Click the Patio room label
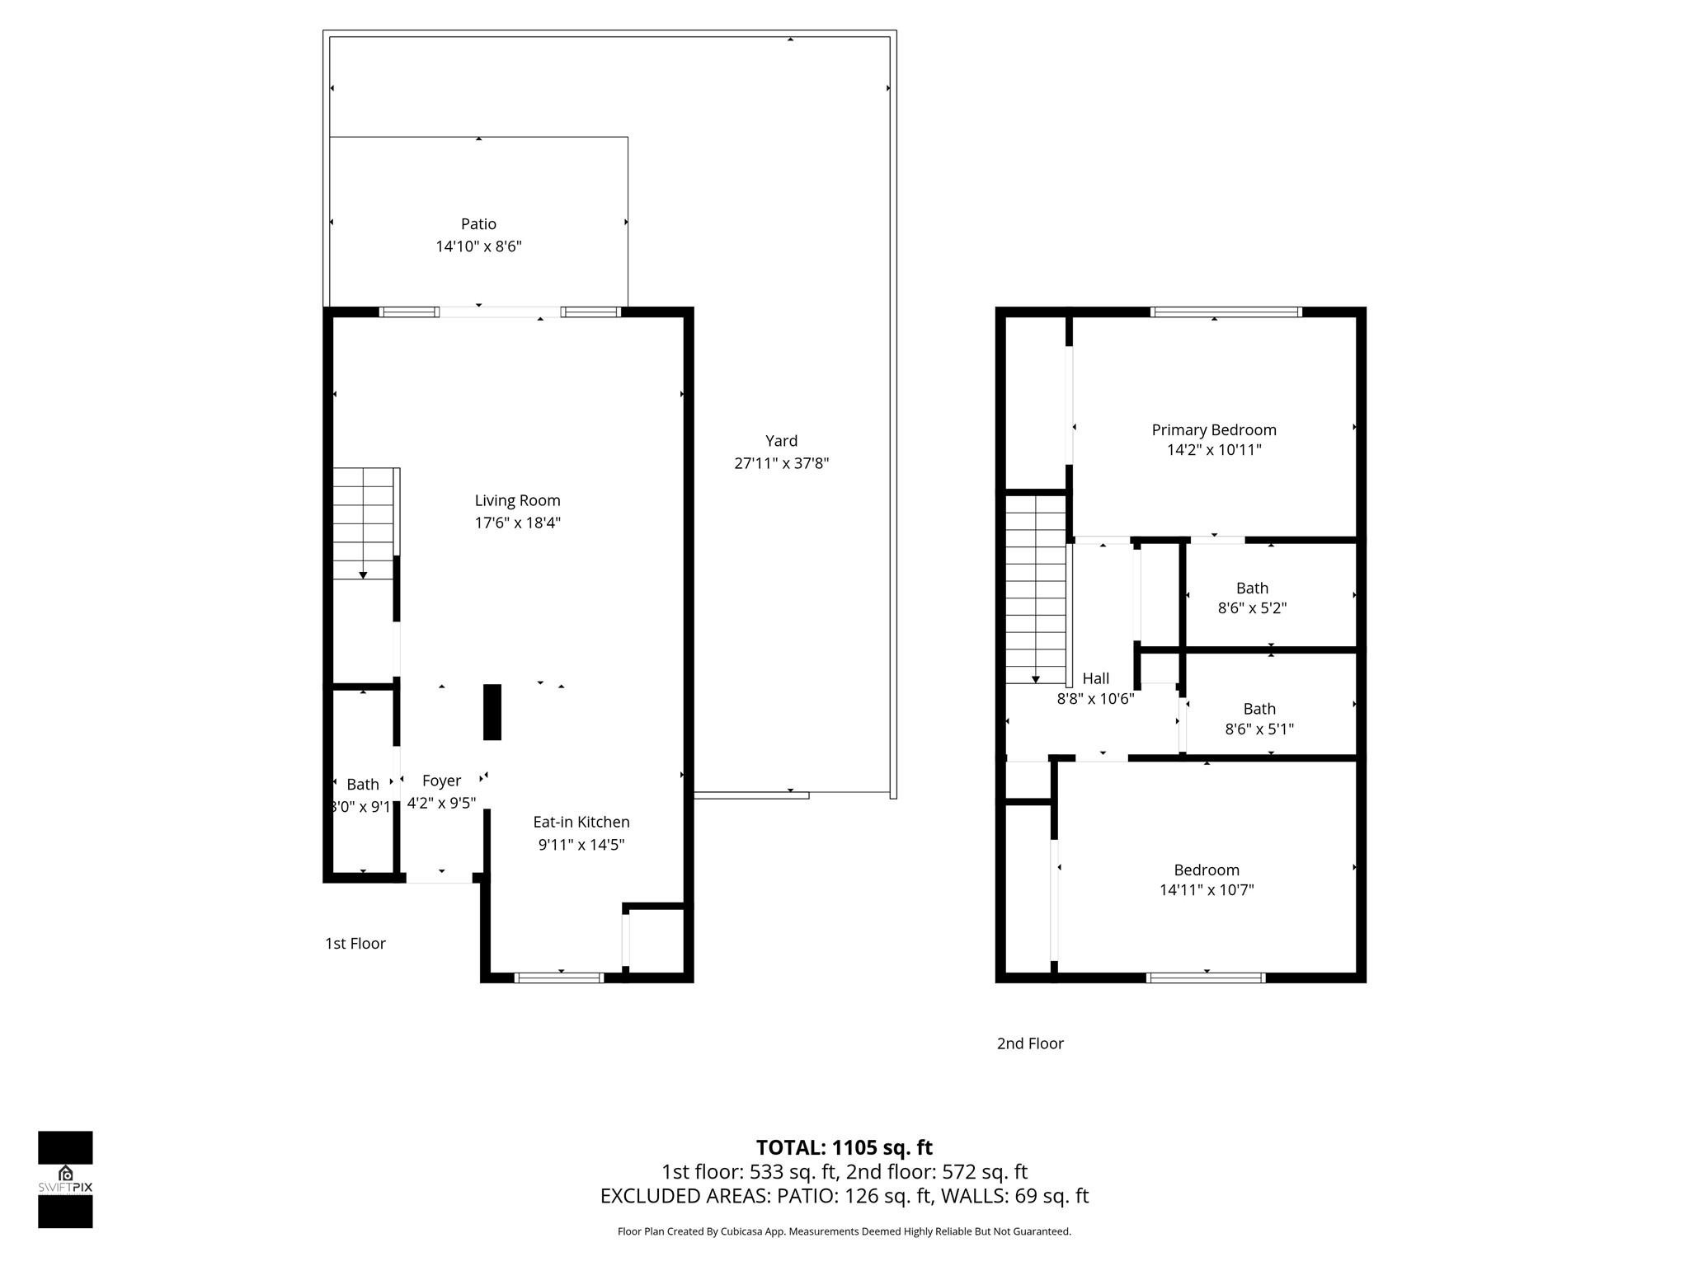coord(478,224)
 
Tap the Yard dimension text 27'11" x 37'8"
coord(781,463)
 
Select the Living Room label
coord(517,500)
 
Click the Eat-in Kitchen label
coord(581,822)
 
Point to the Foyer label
coord(441,781)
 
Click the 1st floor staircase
coord(364,523)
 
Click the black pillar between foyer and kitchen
coord(492,712)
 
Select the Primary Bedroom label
coord(1213,429)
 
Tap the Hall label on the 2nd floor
coord(1095,678)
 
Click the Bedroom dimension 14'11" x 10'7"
coord(1206,890)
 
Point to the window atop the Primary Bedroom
coord(1226,312)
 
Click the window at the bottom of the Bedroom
coord(1205,978)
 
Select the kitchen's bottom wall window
coord(558,978)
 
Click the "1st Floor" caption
coord(355,943)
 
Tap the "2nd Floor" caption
coord(1030,1043)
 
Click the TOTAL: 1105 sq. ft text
coord(844,1147)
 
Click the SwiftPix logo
coord(65,1179)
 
